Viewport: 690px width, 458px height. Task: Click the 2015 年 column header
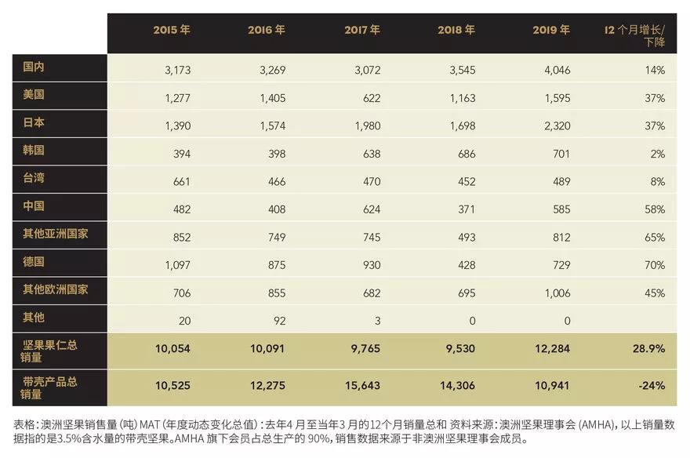pos(172,30)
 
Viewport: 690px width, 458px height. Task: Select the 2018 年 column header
pos(456,30)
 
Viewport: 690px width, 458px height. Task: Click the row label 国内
pos(34,67)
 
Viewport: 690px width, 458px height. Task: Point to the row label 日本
pos(34,123)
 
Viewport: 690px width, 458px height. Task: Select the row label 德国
pos(34,262)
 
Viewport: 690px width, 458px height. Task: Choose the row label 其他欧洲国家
pos(56,289)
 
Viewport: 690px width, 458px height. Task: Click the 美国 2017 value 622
pos(371,98)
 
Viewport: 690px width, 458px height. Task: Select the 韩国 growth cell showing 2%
pos(657,154)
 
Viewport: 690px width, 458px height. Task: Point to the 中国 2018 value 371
pos(466,209)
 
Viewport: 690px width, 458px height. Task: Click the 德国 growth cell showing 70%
pos(654,265)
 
